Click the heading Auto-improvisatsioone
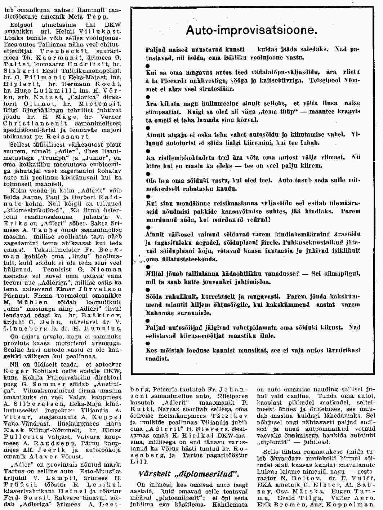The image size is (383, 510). click(x=251, y=30)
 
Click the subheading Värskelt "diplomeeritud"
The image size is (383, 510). click(x=189, y=473)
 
